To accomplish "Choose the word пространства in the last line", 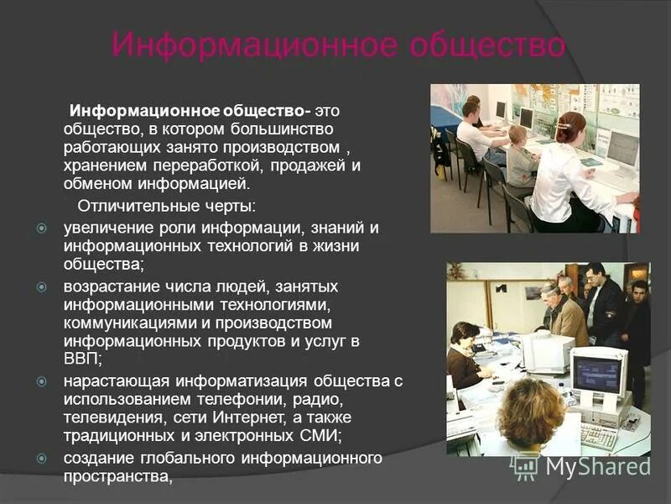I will [116, 477].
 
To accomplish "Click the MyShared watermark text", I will [599, 467].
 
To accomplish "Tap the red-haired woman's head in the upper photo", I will [570, 127].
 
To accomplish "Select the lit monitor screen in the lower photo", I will [596, 373].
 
